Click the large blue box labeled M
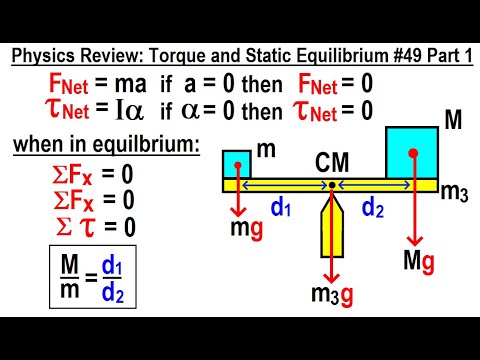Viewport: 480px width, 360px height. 412,152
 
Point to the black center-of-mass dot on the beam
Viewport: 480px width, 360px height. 331,186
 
